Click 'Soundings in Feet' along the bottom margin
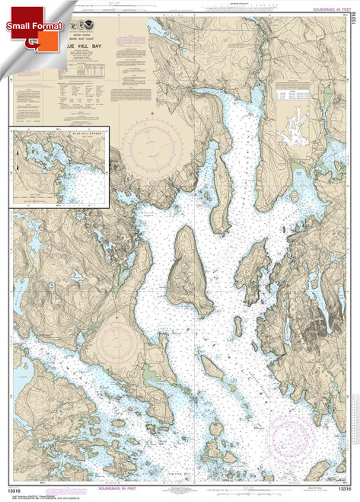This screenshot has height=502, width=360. pos(180,493)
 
